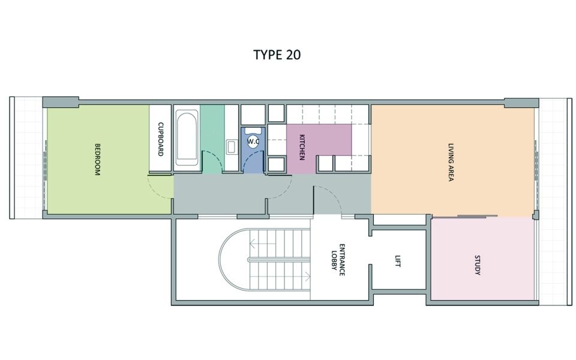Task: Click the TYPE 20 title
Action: coord(277,55)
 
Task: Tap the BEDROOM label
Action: coord(97,160)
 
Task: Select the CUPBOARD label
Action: coord(160,139)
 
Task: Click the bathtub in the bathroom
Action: coord(187,139)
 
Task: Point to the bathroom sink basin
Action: coord(231,147)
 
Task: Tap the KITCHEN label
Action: coord(302,147)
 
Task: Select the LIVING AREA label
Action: coord(451,162)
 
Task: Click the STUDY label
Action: coord(477,265)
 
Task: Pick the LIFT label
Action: coord(397,261)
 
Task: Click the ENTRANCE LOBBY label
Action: coord(338,260)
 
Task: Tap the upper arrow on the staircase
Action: coord(262,244)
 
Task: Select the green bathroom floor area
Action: coord(212,139)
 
